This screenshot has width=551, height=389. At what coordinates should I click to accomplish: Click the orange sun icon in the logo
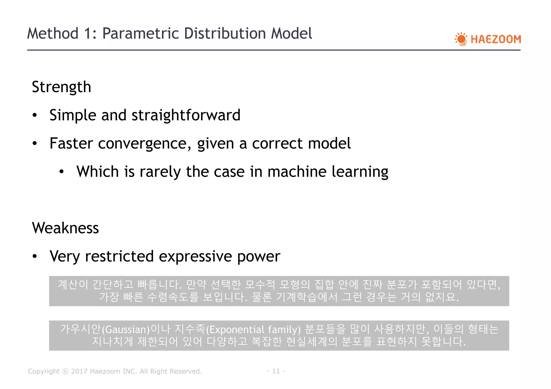pos(461,39)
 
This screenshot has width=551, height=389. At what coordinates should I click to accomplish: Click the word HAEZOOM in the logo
pos(496,39)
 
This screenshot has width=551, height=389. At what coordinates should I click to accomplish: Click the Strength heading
pos(61,87)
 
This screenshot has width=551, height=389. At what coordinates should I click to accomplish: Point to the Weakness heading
pos(65,228)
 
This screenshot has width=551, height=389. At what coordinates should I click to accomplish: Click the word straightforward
pos(186,115)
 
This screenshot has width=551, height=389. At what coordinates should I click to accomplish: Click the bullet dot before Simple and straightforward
pos(34,116)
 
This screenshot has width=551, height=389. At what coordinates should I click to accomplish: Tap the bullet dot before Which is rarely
pos(62,172)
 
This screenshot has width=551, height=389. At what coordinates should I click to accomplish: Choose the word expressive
pos(195,256)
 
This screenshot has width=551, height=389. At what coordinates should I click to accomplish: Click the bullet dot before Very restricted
pos(34,257)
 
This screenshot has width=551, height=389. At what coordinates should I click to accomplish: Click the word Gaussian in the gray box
pos(126,329)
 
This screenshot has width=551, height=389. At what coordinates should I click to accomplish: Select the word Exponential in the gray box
pos(237,329)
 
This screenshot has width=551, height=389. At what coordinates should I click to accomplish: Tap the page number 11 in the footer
pos(276,371)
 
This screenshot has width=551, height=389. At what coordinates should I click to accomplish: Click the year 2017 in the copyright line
pos(79,371)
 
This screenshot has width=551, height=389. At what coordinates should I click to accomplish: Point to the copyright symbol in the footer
pos(65,371)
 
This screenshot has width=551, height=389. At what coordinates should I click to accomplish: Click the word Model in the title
pos(291,34)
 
